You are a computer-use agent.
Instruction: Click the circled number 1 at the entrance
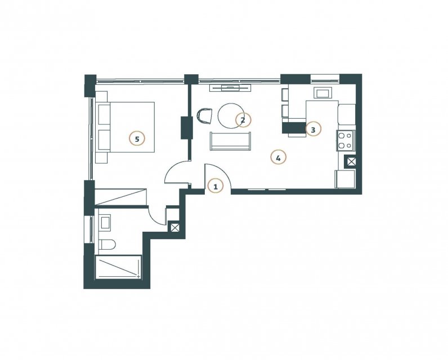pyautogui.click(x=216, y=187)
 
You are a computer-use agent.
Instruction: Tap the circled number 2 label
pyautogui.click(x=243, y=120)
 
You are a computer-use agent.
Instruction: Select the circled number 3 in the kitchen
pyautogui.click(x=313, y=129)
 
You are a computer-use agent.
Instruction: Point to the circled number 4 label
pyautogui.click(x=278, y=157)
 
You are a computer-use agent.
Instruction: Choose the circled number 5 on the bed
pyautogui.click(x=137, y=139)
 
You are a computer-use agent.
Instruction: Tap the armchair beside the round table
pyautogui.click(x=205, y=116)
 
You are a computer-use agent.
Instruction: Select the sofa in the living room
pyautogui.click(x=231, y=141)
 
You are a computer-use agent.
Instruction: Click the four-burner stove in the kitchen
pyautogui.click(x=346, y=141)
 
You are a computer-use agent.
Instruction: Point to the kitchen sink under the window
pyautogui.click(x=323, y=93)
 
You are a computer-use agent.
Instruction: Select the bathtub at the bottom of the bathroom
pyautogui.click(x=118, y=267)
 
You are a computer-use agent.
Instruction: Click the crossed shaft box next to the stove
pyautogui.click(x=351, y=162)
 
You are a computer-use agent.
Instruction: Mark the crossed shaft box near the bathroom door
pyautogui.click(x=174, y=228)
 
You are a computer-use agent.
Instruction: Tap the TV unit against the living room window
pyautogui.click(x=230, y=88)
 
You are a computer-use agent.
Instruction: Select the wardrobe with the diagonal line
pyautogui.click(x=120, y=196)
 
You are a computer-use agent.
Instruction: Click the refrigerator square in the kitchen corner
pyautogui.click(x=345, y=179)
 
